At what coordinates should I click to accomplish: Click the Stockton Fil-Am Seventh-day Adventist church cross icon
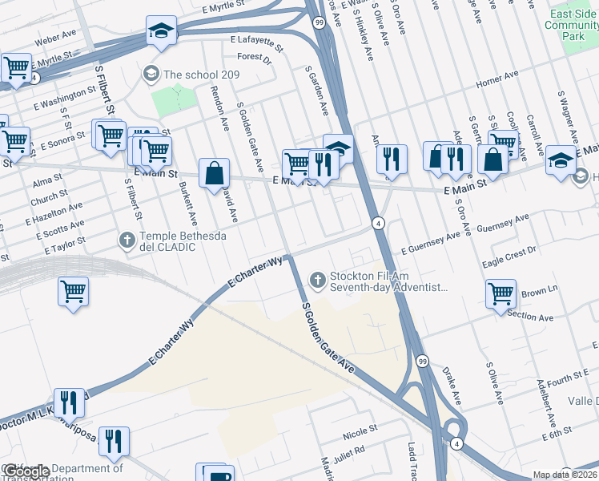tap(318, 280)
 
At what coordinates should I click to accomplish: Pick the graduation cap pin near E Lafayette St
tap(161, 32)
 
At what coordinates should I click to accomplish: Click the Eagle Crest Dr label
tap(509, 257)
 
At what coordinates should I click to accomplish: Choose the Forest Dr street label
tap(255, 57)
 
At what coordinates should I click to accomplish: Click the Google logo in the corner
tap(26, 472)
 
